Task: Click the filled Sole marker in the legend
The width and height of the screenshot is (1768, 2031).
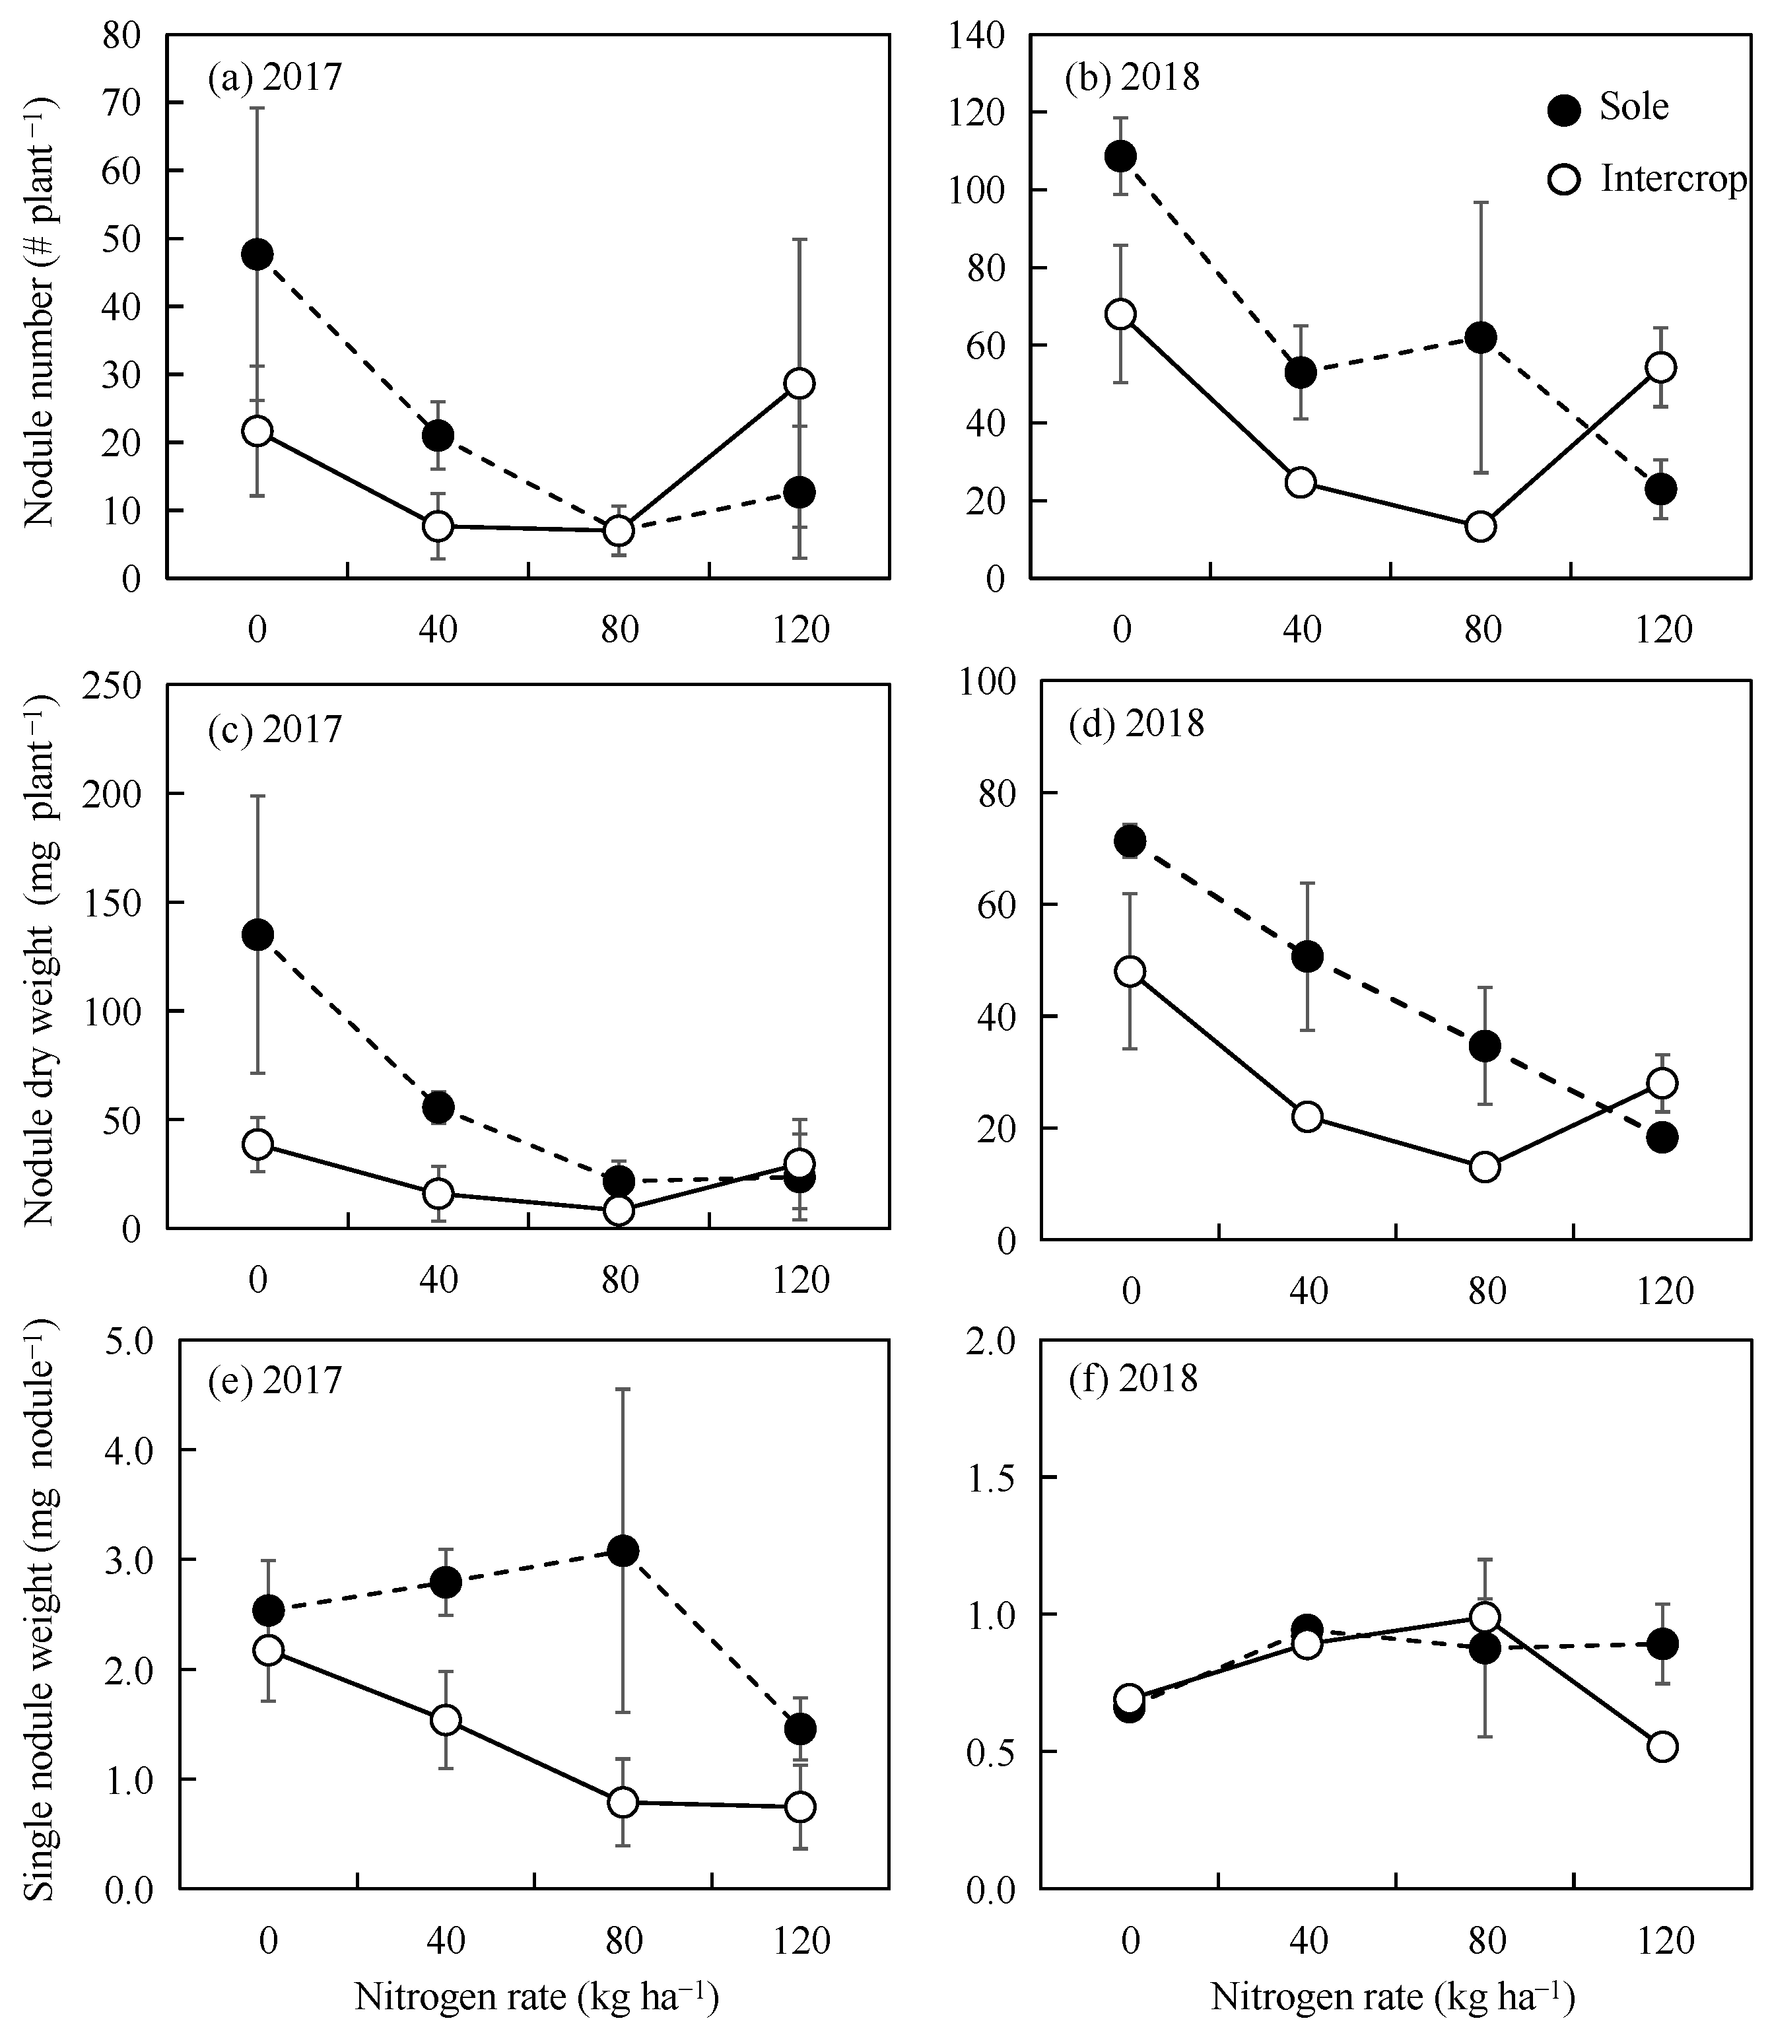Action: [1564, 110]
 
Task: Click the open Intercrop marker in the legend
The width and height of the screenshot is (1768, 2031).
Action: [1564, 180]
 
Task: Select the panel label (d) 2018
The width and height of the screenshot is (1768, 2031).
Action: [1137, 724]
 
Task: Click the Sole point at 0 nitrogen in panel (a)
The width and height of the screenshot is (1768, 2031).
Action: [257, 255]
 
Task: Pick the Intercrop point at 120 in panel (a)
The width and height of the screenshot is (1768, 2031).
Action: [799, 383]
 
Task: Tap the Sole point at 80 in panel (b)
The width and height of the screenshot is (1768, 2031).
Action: [1480, 337]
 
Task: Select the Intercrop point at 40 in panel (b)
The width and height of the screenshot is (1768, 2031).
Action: [1301, 483]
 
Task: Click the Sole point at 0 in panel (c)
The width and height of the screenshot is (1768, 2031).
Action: [257, 934]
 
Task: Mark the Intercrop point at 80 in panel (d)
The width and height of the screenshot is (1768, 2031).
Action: [1484, 1167]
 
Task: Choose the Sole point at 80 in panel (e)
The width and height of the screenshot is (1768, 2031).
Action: [623, 1550]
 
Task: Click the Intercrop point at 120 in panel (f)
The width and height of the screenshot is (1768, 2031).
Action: [1662, 1746]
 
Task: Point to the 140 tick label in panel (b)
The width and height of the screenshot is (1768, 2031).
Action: [976, 36]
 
